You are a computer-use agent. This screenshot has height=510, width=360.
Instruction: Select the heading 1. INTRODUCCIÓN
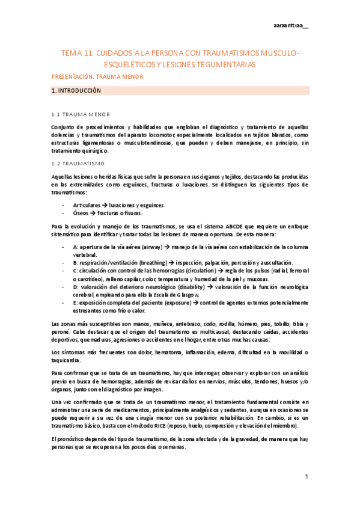76,91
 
